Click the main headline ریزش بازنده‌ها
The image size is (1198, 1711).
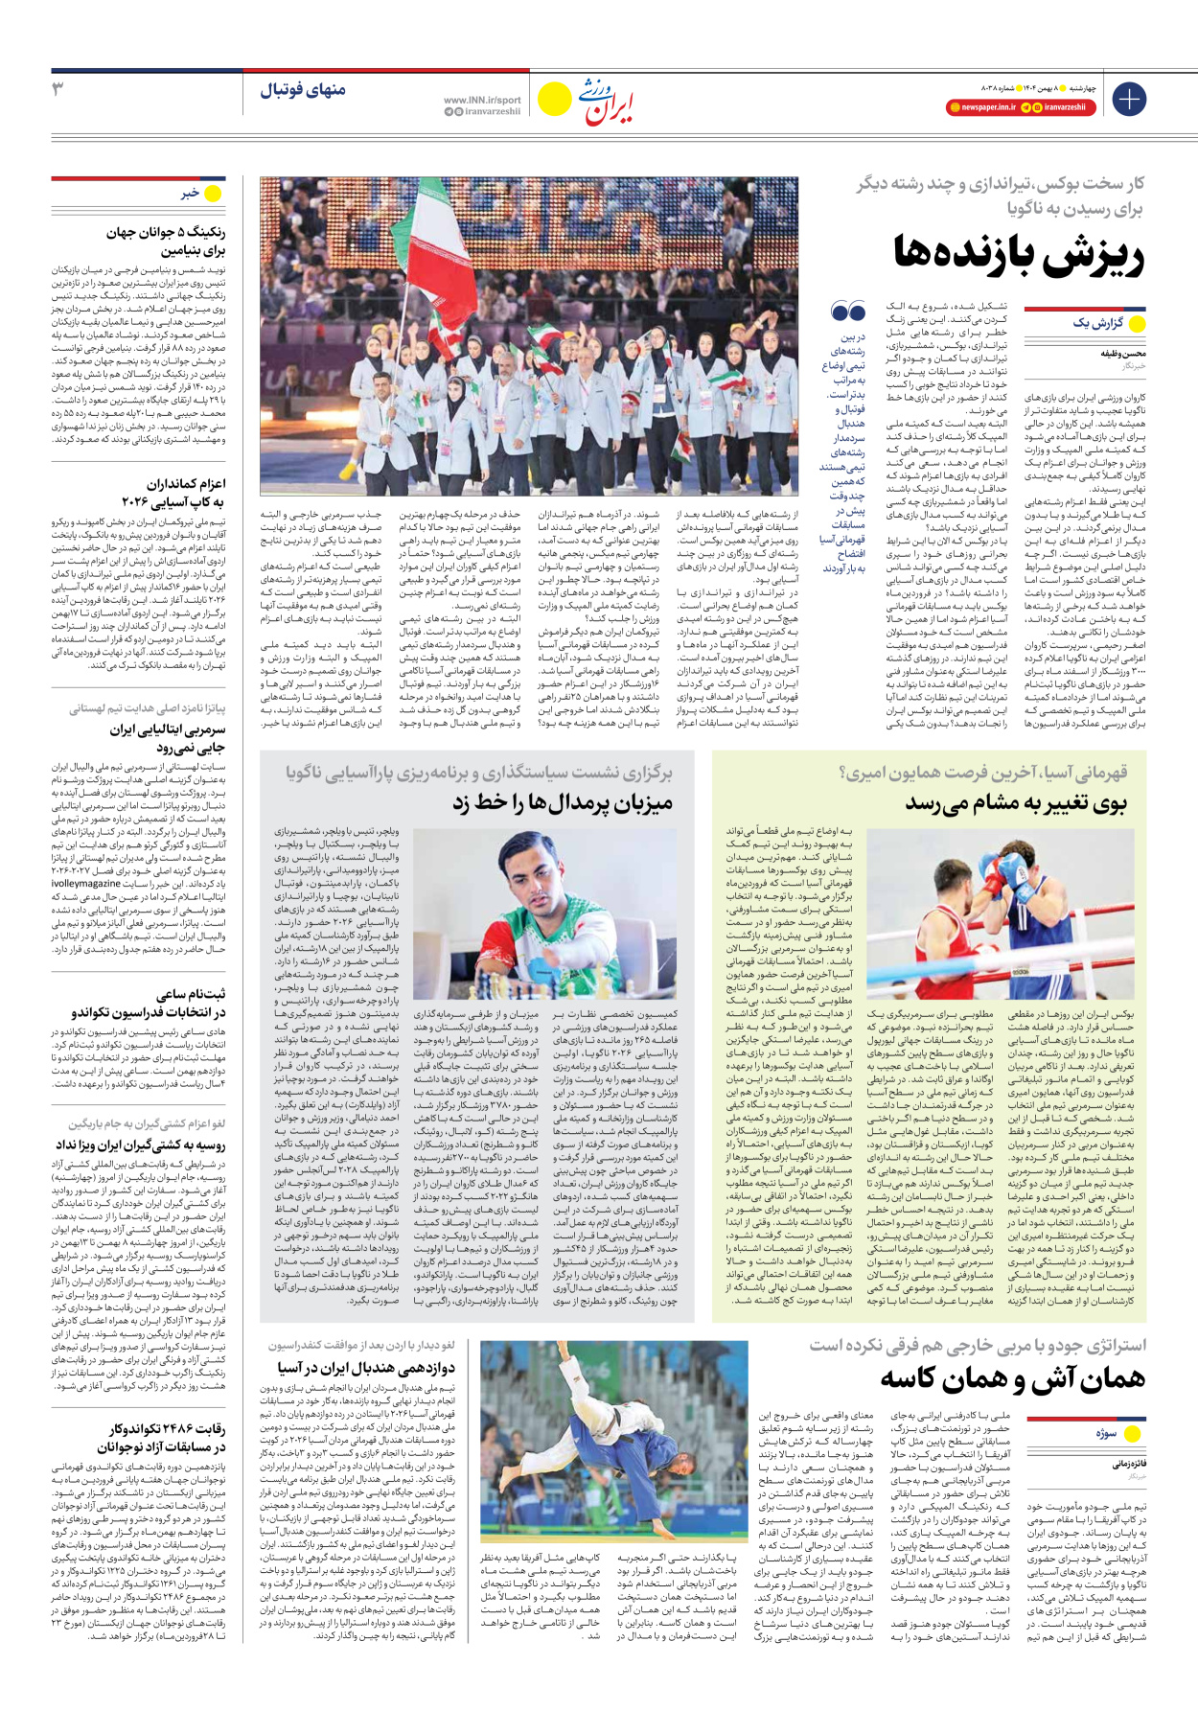click(x=1019, y=254)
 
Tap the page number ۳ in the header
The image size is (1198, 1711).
click(x=58, y=89)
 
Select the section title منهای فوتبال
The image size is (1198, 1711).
click(x=302, y=91)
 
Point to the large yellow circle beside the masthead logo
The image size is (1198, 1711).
click(x=554, y=99)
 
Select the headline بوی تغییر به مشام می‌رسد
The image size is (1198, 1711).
click(x=1016, y=803)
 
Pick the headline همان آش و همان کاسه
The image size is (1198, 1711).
click(x=1012, y=1377)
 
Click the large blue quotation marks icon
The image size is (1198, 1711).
click(x=848, y=312)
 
